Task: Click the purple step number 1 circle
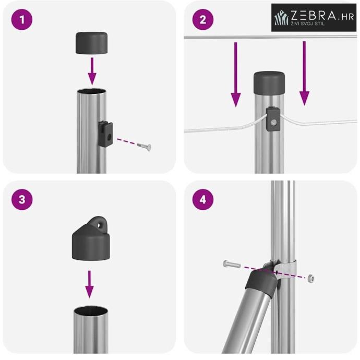pyautogui.click(x=22, y=19)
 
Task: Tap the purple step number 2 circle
pyautogui.click(x=203, y=19)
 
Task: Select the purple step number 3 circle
pyautogui.click(x=22, y=199)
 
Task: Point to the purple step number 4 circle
pyautogui.click(x=203, y=199)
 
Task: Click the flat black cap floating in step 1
pyautogui.click(x=92, y=43)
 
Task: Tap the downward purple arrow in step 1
pyautogui.click(x=92, y=71)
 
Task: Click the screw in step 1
pyautogui.click(x=145, y=147)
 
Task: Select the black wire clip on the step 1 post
pyautogui.click(x=106, y=134)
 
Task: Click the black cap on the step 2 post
pyautogui.click(x=269, y=83)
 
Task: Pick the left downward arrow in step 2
pyautogui.click(x=235, y=75)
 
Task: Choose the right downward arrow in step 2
pyautogui.click(x=304, y=73)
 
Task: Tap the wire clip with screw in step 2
pyautogui.click(x=273, y=119)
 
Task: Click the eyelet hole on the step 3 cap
pyautogui.click(x=100, y=225)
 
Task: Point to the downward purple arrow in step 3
pyautogui.click(x=89, y=284)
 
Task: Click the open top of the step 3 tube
pyautogui.click(x=91, y=311)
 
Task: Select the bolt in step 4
pyautogui.click(x=232, y=264)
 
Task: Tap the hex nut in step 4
pyautogui.click(x=311, y=278)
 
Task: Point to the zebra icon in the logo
pyautogui.click(x=281, y=17)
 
